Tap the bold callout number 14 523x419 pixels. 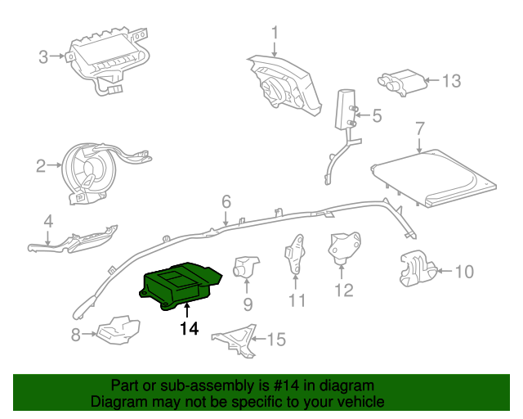pos(189,329)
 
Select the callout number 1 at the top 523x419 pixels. pos(275,33)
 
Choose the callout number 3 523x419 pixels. pos(43,56)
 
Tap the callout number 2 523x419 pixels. pos(41,167)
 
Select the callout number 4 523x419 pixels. pos(48,220)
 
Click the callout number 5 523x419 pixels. pos(376,116)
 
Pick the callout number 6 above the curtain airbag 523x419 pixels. pos(226,201)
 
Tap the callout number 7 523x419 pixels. pos(419,128)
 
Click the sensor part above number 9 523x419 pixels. pos(246,265)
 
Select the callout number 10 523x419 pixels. pos(463,272)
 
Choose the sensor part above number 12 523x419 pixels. pos(342,247)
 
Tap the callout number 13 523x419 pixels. pos(451,81)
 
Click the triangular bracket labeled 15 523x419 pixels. pos(235,339)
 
